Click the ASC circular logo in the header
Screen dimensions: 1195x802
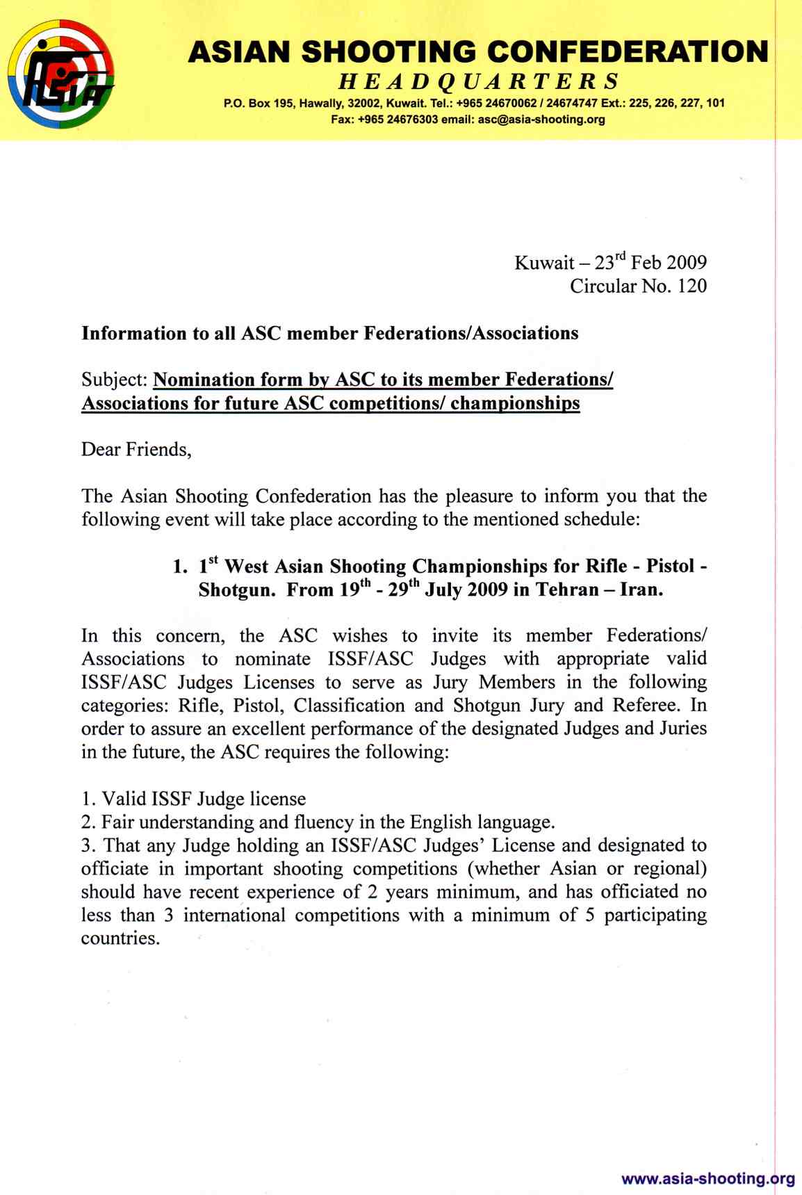pos(61,74)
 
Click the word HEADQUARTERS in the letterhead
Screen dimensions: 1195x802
pos(479,82)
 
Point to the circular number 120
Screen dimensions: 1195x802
pos(692,286)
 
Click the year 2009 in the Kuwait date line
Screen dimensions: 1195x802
pos(686,263)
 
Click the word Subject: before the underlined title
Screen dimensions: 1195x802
pos(115,380)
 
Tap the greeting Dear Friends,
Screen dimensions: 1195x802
pos(136,450)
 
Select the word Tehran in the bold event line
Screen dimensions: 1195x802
pos(571,590)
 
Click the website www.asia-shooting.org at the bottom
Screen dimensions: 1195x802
pos(707,1178)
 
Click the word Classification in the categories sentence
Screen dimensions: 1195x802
pos(349,706)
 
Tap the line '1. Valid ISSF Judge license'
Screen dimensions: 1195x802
pos(194,799)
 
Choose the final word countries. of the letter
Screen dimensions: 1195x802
pos(120,938)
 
